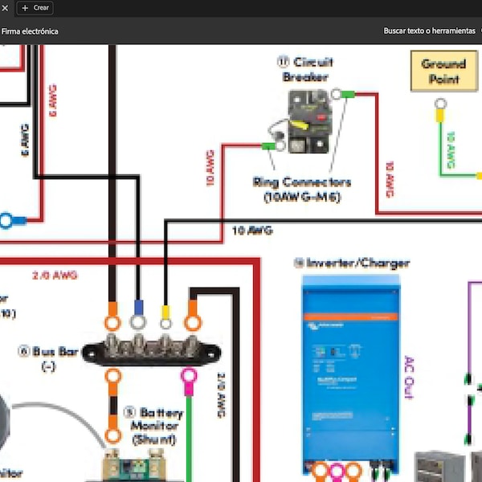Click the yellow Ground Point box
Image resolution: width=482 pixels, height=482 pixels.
[443, 71]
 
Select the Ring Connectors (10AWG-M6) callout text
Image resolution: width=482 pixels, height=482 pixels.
[301, 190]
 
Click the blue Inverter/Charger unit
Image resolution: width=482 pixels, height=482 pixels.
[350, 370]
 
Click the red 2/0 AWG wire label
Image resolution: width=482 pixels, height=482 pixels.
[55, 276]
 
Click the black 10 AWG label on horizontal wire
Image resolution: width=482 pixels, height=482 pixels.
[252, 231]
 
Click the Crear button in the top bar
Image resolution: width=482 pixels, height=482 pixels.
[35, 7]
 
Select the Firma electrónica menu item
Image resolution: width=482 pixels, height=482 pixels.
[30, 31]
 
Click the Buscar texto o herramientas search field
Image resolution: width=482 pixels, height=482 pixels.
[429, 31]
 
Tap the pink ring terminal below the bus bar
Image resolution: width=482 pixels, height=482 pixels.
[189, 376]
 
